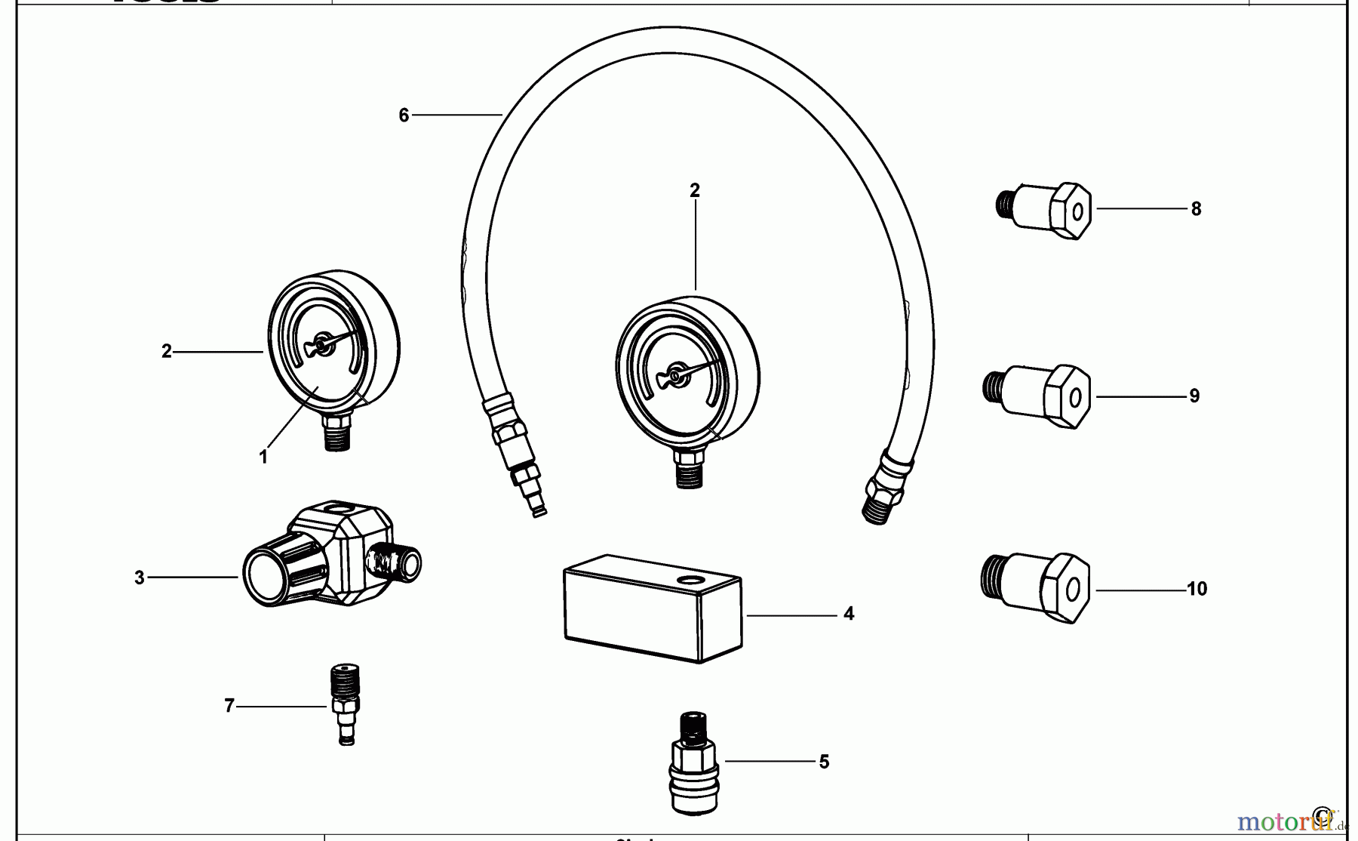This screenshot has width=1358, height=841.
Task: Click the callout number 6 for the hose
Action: tap(404, 116)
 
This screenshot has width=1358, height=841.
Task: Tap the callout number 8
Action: tap(1196, 209)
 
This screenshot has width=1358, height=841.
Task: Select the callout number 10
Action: tap(1197, 590)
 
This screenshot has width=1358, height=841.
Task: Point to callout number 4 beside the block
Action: tap(849, 615)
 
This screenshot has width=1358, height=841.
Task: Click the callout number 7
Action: tap(229, 707)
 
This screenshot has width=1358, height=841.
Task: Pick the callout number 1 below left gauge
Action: tap(263, 457)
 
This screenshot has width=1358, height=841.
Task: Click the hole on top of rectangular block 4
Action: tap(691, 580)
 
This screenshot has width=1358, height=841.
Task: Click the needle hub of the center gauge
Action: tap(675, 374)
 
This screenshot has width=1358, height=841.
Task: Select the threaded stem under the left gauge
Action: tap(336, 436)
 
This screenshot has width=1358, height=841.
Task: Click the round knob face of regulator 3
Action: tap(266, 573)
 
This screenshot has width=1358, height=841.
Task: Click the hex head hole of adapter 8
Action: tap(1077, 212)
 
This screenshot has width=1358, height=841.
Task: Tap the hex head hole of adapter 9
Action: tap(1075, 398)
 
